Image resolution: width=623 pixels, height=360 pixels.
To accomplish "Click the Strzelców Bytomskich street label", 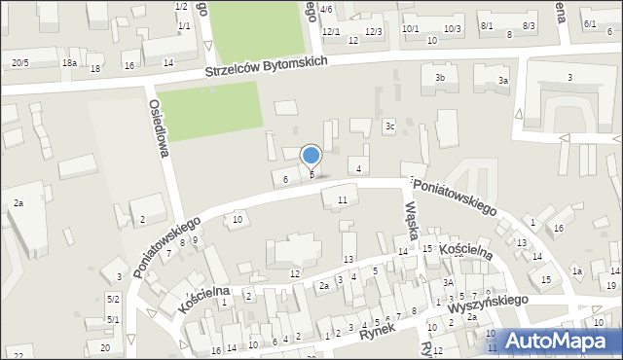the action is coord(266,68).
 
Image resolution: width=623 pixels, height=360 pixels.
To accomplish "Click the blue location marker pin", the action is coord(311,157).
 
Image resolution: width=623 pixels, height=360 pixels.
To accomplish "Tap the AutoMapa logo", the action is coord(558,342).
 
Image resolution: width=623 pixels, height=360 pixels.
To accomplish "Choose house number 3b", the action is coord(440,77).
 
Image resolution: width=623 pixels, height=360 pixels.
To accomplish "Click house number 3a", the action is coord(503,81).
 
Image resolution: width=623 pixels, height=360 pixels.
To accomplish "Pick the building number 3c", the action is coord(389,125).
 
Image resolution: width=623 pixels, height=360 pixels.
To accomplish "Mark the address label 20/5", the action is coord(19,63).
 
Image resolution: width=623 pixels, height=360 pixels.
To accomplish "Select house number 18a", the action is coord(69,63).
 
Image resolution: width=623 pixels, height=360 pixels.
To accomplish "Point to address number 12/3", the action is coord(374,32).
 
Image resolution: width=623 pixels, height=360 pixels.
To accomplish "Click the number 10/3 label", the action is coord(453,29).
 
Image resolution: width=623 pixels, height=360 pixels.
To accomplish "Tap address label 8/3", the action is coord(529,25).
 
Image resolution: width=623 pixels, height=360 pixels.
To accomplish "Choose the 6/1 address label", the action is coord(590,23).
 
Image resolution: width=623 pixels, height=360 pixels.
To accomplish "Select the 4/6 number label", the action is coord(326,9).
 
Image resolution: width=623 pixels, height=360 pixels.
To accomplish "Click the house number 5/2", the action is coord(113,299).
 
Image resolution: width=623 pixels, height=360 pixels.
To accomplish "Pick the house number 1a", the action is coord(576,270).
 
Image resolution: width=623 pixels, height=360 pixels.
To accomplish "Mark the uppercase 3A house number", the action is coord(449,282).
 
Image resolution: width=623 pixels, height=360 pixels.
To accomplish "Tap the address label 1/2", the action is coord(181,7).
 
